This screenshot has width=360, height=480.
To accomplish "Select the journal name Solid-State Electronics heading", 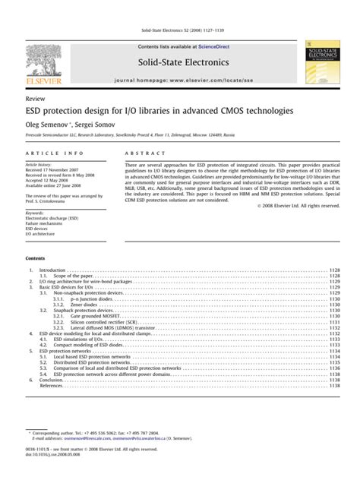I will pos(180,60).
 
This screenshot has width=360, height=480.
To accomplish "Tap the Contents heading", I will pos(36,259).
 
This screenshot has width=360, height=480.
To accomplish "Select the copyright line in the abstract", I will pos(298,205).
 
